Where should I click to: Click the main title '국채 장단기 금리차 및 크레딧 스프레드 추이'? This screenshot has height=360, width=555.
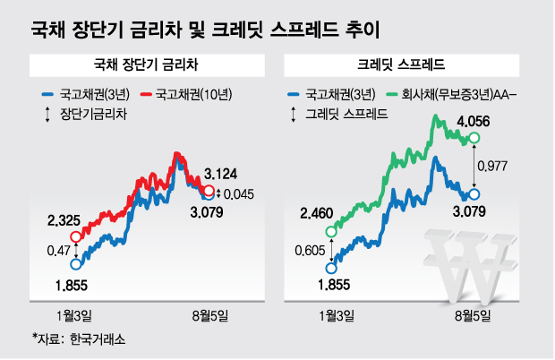204,30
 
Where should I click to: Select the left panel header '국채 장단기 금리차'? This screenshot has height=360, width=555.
143,65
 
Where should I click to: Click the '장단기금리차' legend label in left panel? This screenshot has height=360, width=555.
94,113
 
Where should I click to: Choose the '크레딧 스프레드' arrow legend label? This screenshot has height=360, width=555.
346,113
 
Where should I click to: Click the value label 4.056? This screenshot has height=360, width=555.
474,121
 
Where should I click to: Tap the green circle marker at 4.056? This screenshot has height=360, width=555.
474,138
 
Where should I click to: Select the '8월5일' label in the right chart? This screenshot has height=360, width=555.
468,314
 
